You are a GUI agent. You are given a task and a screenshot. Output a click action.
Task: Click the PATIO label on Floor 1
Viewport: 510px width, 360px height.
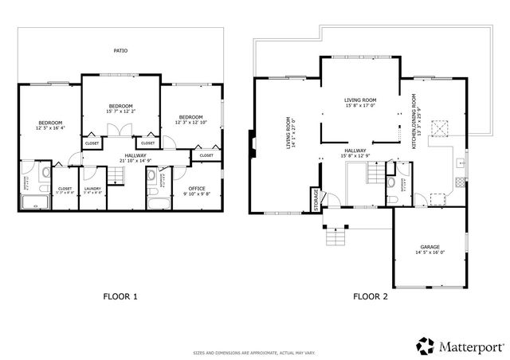click(x=119, y=51)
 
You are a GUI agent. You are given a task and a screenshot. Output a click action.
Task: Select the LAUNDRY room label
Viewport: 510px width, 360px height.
click(x=93, y=189)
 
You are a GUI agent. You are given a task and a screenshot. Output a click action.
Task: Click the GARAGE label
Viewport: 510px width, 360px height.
click(x=430, y=247)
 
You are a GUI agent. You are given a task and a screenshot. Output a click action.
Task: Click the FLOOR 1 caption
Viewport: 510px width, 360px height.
click(x=120, y=296)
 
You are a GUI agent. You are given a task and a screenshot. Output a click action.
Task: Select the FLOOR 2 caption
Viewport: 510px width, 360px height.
click(x=371, y=296)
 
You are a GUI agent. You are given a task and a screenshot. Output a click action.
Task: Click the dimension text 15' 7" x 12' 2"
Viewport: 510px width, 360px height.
click(x=120, y=111)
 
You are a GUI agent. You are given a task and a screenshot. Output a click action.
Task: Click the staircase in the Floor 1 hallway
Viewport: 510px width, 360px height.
click(x=118, y=182)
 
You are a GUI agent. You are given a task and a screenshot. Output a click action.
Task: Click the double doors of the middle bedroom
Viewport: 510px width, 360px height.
click(x=120, y=131)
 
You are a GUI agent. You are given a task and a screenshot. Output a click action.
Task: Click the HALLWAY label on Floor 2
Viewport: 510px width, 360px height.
click(x=355, y=151)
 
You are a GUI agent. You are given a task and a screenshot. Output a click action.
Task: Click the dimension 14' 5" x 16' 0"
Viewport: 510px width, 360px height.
click(x=430, y=252)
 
